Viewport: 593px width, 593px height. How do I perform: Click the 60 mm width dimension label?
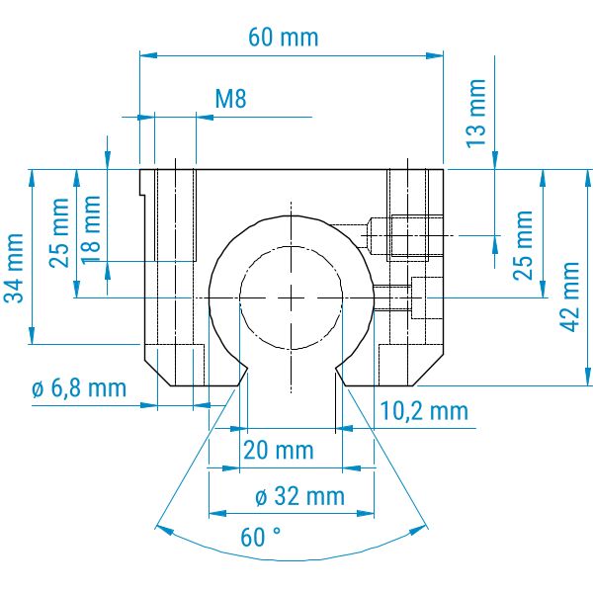[x=284, y=38]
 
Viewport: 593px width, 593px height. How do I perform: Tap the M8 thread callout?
[x=230, y=99]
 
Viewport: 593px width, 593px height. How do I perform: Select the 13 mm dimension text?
[x=476, y=114]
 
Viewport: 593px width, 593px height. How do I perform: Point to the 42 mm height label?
[x=569, y=296]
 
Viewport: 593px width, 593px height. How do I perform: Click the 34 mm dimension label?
[x=14, y=269]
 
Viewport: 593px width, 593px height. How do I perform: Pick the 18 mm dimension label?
[x=91, y=229]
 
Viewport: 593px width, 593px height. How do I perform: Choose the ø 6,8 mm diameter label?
[x=79, y=388]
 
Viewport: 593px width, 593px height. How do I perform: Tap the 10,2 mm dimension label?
[x=424, y=411]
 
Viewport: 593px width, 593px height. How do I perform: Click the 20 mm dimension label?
[x=279, y=451]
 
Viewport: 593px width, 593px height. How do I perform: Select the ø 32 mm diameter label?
[x=299, y=496]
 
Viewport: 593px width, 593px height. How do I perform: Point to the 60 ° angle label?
[x=261, y=537]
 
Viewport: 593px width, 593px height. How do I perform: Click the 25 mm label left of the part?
[x=59, y=233]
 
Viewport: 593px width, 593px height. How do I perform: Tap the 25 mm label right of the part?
[x=523, y=245]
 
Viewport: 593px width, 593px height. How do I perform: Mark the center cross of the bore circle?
[x=291, y=298]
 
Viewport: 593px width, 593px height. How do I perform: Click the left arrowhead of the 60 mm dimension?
[x=148, y=55]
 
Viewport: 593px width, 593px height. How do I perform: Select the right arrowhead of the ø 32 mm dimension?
[x=366, y=514]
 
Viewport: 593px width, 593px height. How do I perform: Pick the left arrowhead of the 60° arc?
[x=164, y=529]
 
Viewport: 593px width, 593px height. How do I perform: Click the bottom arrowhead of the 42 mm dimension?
[x=588, y=377]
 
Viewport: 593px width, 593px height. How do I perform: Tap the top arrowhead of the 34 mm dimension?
[x=32, y=178]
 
